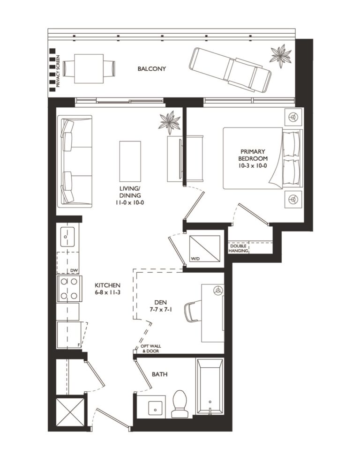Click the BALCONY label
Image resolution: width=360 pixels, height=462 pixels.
coord(152,69)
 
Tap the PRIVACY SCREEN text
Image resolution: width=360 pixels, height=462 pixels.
coord(58,71)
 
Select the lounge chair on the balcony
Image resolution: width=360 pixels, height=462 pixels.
coord(230,70)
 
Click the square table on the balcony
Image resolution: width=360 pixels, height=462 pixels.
coord(89,69)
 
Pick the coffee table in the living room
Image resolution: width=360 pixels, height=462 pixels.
coord(130,161)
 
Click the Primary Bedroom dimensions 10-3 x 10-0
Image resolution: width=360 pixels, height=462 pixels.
coord(253,165)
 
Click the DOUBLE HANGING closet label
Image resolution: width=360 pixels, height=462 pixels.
coord(238,248)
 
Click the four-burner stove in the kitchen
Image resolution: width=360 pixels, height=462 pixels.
coord(69,288)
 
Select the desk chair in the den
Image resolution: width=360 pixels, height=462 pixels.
coord(193,312)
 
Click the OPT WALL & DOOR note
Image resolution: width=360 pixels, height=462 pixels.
coord(150,348)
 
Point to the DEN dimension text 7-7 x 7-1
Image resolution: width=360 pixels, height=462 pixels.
coord(160,310)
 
